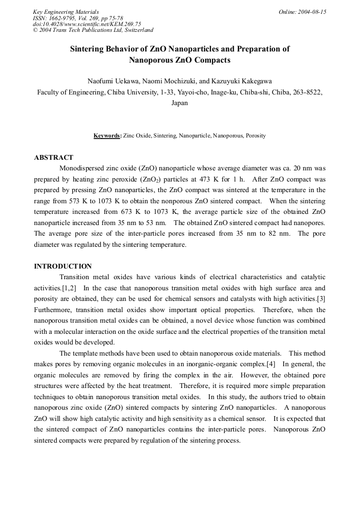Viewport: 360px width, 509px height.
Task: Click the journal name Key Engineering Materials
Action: click(x=65, y=11)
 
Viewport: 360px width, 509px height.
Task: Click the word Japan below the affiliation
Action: click(x=179, y=103)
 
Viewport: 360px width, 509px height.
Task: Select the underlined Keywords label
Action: click(x=107, y=136)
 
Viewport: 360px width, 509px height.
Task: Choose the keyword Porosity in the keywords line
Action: click(x=255, y=136)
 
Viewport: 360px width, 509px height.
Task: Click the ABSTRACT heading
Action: click(x=54, y=158)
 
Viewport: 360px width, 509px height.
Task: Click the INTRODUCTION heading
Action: click(x=63, y=266)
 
